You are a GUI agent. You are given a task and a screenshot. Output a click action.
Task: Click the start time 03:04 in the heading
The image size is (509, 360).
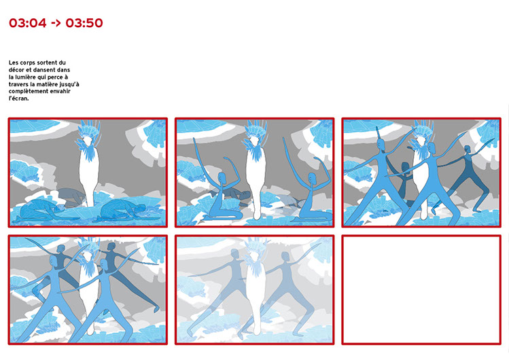click(x=28, y=23)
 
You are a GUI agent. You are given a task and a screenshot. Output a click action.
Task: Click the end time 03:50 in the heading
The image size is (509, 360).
click(x=84, y=23)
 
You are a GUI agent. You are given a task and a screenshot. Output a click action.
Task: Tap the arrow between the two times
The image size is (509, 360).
click(x=56, y=23)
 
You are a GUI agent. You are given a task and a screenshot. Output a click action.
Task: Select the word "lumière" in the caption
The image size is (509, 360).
click(x=22, y=77)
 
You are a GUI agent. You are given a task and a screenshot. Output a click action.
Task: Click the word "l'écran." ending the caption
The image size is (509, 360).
click(x=19, y=98)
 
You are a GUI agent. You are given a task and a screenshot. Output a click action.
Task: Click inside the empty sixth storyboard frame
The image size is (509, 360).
click(x=421, y=289)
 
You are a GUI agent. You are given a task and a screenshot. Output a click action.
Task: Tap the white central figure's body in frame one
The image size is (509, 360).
click(x=88, y=175)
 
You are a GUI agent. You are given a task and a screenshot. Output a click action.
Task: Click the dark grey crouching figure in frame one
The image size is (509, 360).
click(x=71, y=196)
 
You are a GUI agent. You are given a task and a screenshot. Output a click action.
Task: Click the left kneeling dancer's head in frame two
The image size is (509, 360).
click(x=222, y=178)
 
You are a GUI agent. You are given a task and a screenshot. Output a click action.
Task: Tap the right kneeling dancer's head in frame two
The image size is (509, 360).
click(x=312, y=178)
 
